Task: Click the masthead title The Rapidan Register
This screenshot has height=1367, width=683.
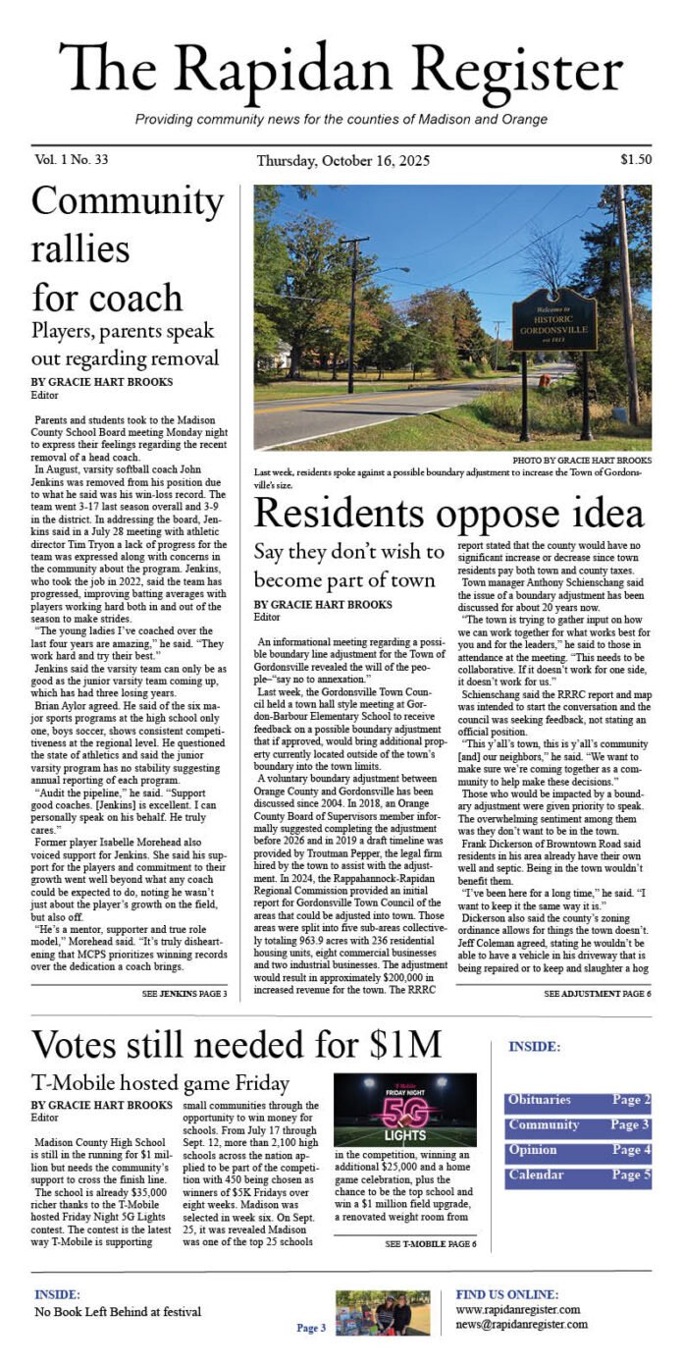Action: pos(341,71)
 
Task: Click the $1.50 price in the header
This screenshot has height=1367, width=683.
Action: pos(635,159)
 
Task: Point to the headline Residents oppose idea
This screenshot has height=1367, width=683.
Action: pos(448,513)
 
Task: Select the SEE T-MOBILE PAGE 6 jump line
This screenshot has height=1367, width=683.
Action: pos(430,1244)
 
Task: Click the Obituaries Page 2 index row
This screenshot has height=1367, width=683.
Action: pos(578,1101)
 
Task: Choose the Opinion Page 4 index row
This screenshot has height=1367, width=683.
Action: pos(578,1150)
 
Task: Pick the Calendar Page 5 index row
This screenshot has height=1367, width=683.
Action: pos(578,1176)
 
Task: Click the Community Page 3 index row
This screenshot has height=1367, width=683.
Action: pos(578,1125)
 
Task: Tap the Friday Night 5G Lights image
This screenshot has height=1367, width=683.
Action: pos(404,1110)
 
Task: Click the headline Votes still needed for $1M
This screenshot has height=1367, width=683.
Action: pos(236,1043)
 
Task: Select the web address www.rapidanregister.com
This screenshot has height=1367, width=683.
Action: pos(517,1309)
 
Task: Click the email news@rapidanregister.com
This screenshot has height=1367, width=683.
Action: pos(521,1324)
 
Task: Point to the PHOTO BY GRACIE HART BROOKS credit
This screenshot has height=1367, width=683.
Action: pos(581,460)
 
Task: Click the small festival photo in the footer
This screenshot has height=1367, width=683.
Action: pos(382,1312)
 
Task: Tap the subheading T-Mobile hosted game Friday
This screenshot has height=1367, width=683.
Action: pos(160,1083)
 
